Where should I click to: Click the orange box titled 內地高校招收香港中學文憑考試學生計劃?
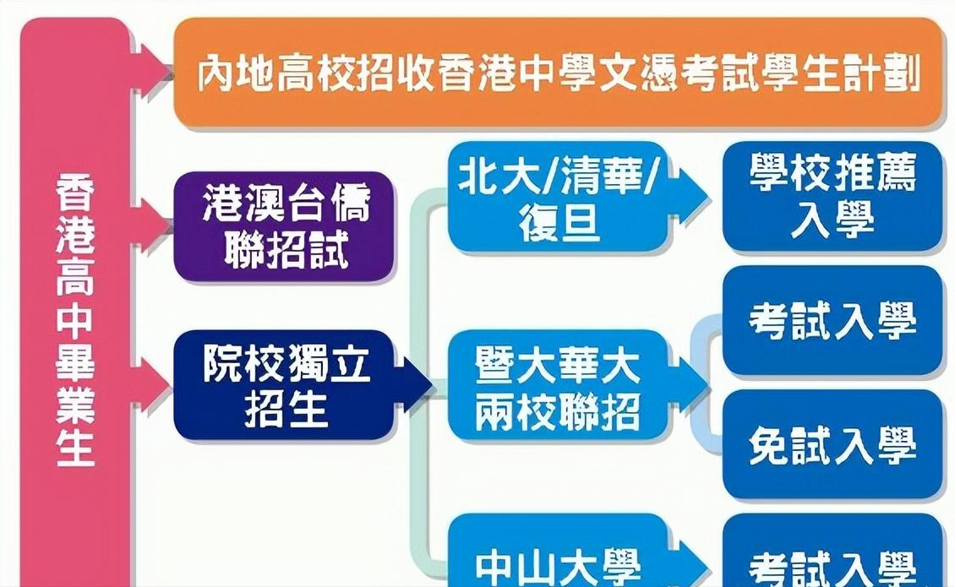pos(558,73)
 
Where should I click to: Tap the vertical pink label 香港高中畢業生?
pos(75,321)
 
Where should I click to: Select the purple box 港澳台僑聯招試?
pos(285,226)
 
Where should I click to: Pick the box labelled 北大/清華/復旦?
pos(558,196)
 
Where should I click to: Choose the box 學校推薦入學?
pos(832,196)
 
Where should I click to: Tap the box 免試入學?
pos(832,446)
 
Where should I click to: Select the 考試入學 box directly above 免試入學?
pos(832,321)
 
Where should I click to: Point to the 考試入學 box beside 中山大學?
pos(832,562)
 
